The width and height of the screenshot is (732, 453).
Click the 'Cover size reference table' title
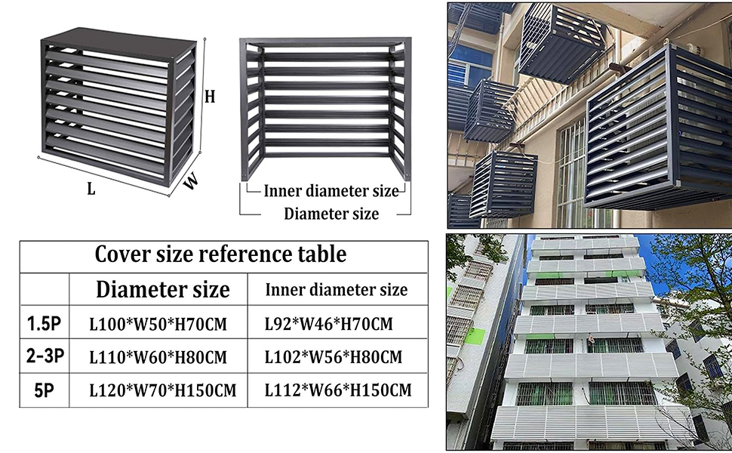point(220,254)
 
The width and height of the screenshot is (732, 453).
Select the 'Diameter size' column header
point(162,289)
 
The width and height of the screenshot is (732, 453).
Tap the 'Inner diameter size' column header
point(337,290)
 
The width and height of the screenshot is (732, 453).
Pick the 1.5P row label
point(44,325)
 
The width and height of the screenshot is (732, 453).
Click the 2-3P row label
point(44,356)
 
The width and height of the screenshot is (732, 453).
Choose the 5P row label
point(44,390)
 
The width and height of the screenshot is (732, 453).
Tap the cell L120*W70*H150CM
point(162,391)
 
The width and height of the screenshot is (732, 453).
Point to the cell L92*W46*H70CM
point(328,325)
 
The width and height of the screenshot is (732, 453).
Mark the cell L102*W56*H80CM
point(333,357)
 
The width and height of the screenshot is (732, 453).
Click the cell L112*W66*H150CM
point(337,391)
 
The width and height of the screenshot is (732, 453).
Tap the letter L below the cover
point(91,190)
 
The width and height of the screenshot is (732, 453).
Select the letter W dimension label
point(193,181)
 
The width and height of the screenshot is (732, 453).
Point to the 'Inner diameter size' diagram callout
point(331,191)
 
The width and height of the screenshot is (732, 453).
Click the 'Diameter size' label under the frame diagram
point(331,214)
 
